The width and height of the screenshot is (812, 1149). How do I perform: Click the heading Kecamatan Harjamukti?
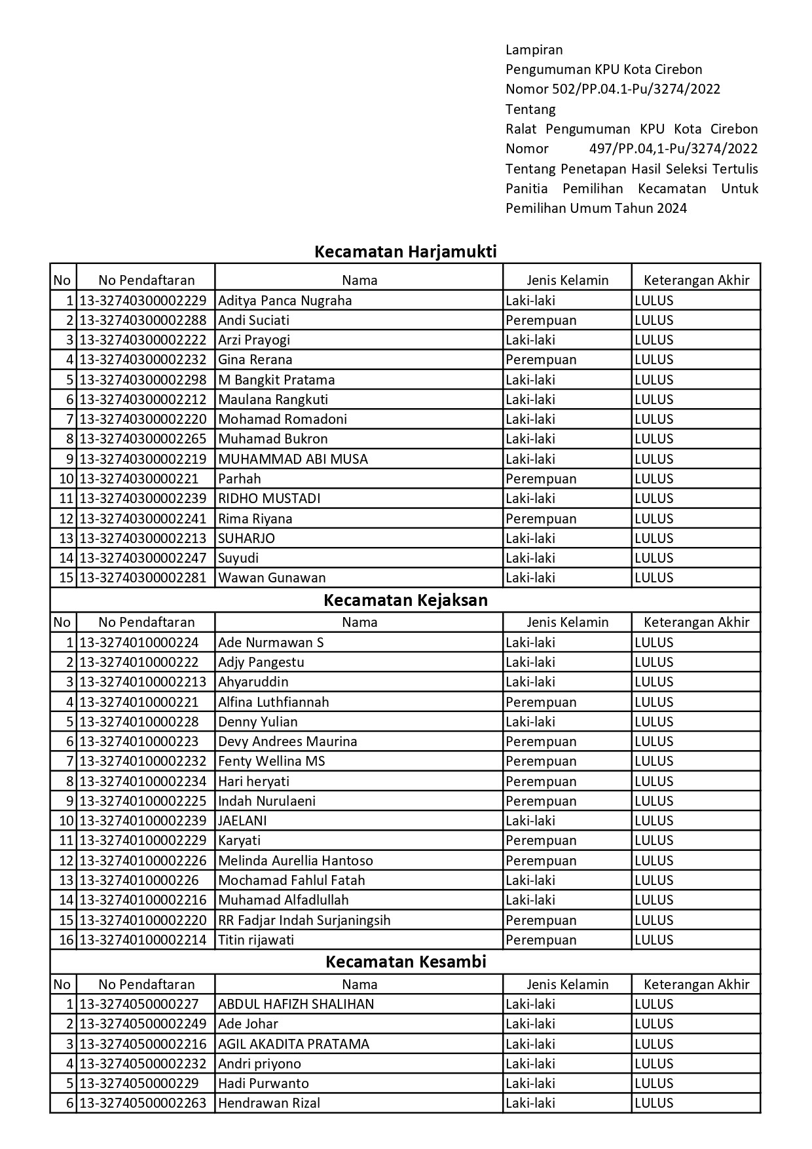[405, 252]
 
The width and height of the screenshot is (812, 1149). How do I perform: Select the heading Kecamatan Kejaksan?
[405, 601]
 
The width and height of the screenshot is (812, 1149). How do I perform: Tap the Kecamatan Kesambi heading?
[405, 962]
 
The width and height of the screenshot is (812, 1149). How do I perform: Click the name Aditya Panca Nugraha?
[285, 301]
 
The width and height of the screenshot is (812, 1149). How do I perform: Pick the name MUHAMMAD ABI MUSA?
[293, 459]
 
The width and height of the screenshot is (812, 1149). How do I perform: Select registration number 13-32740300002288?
[143, 320]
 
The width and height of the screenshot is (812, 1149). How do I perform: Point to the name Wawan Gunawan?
[272, 578]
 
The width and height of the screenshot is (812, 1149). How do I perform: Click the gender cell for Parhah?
[541, 479]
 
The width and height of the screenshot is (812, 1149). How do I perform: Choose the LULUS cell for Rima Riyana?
[654, 519]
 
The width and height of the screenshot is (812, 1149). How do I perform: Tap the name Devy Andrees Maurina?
[287, 742]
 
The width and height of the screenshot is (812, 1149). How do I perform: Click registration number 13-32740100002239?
[143, 821]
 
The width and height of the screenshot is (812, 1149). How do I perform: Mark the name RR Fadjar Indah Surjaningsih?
[304, 920]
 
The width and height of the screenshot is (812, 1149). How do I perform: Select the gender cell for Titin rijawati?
[541, 940]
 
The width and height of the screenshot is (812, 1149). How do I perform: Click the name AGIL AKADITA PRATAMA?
[293, 1044]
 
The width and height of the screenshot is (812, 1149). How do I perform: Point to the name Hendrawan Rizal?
[269, 1103]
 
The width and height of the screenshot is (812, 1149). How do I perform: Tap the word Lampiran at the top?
[534, 50]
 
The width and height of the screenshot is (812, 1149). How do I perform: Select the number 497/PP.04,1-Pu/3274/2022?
[673, 149]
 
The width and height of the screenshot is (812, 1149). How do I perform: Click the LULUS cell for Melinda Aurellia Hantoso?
[654, 861]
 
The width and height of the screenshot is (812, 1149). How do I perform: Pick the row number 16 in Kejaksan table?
[67, 940]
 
